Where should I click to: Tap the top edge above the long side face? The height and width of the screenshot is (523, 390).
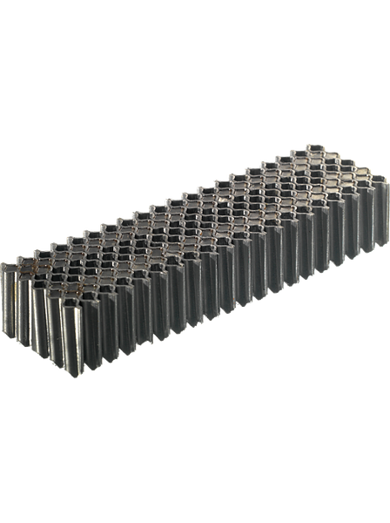point(226,236)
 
